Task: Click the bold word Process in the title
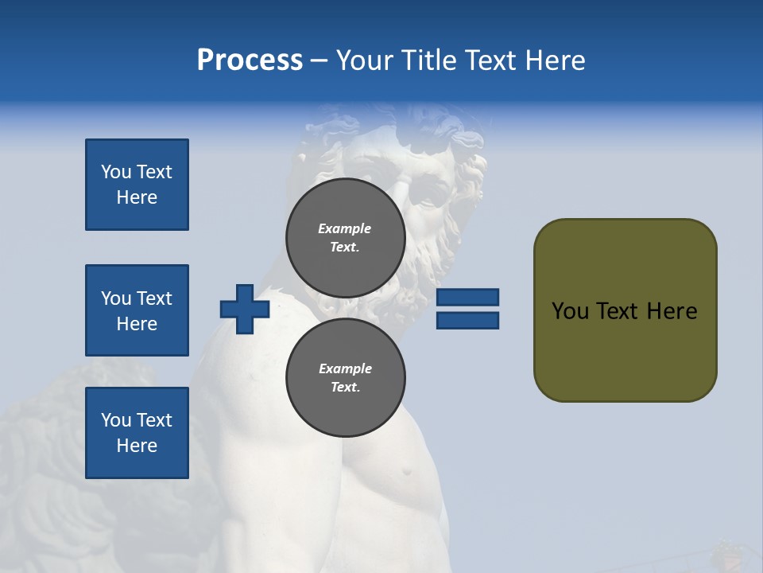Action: click(x=250, y=60)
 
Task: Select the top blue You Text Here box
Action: click(x=137, y=185)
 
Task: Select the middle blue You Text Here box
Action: click(x=137, y=310)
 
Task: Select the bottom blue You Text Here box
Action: click(x=137, y=432)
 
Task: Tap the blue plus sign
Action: click(x=245, y=309)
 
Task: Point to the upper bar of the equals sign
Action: click(x=468, y=297)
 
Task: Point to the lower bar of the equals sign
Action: click(x=468, y=320)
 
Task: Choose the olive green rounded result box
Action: click(x=625, y=350)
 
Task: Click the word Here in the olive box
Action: click(x=672, y=311)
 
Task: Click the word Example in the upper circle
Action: click(x=345, y=228)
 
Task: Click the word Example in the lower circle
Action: click(x=345, y=368)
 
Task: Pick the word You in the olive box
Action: click(x=570, y=311)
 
